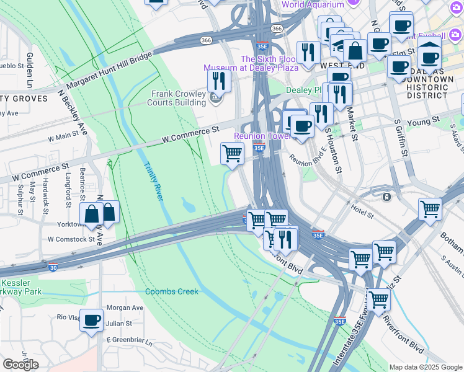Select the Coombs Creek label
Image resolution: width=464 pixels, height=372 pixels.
pyautogui.click(x=172, y=291)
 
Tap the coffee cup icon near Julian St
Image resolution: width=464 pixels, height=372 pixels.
pyautogui.click(x=92, y=321)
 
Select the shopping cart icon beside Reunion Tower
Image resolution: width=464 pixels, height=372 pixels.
pyautogui.click(x=233, y=153)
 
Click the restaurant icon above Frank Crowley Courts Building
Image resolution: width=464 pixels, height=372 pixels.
pyautogui.click(x=219, y=81)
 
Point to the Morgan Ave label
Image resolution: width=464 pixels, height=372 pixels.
pyautogui.click(x=125, y=308)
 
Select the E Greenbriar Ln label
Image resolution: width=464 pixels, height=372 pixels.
pyautogui.click(x=129, y=340)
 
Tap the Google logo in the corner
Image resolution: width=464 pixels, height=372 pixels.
pyautogui.click(x=20, y=365)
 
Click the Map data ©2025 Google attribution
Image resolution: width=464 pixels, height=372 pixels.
pyautogui.click(x=426, y=367)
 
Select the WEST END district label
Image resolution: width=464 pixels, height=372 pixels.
pyautogui.click(x=338, y=65)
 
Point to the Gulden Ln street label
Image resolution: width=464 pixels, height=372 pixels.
pyautogui.click(x=29, y=70)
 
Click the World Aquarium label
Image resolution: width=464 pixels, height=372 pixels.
pyautogui.click(x=312, y=5)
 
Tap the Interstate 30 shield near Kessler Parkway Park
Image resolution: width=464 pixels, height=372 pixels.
pyautogui.click(x=53, y=268)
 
